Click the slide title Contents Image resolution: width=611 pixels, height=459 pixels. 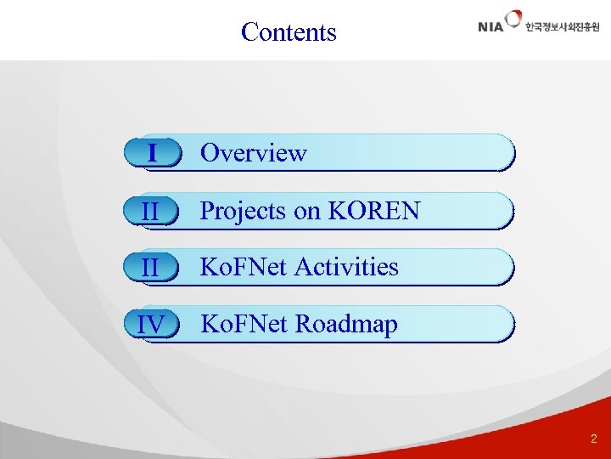tap(289, 32)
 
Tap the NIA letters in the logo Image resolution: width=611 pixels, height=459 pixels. tap(490, 26)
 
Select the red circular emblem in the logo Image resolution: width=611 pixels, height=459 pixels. tap(513, 19)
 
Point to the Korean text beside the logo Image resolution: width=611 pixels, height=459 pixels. tap(562, 27)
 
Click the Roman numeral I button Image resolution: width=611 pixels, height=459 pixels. tap(152, 153)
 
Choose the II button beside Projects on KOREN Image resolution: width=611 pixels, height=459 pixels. tap(152, 211)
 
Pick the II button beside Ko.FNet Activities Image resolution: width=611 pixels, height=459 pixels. tap(152, 267)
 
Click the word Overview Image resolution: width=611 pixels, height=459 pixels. tap(253, 153)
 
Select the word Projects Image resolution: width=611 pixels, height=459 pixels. tap(243, 211)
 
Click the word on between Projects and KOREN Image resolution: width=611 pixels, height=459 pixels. tap(306, 212)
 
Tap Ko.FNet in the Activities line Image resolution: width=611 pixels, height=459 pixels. tap(243, 267)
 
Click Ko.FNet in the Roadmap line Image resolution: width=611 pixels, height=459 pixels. tap(243, 324)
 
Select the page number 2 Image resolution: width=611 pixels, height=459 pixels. tap(593, 439)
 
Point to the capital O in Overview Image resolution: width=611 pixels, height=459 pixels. tap(209, 153)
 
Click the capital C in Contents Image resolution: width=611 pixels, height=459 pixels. tap(249, 32)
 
